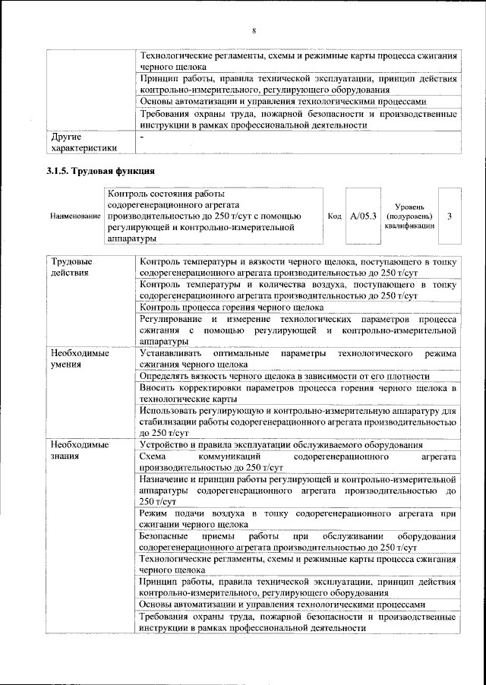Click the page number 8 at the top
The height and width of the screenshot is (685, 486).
pyautogui.click(x=254, y=30)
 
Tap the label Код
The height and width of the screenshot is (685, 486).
pyautogui.click(x=333, y=216)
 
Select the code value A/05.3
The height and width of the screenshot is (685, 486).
pyautogui.click(x=364, y=216)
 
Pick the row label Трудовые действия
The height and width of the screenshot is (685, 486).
pyautogui.click(x=71, y=267)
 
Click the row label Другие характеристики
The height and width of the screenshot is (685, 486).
pyautogui.click(x=84, y=142)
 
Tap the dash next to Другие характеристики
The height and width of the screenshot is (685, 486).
pyautogui.click(x=142, y=137)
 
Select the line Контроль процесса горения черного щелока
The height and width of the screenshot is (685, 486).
pyautogui.click(x=232, y=308)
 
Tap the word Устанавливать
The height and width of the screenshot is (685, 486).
pyautogui.click(x=175, y=354)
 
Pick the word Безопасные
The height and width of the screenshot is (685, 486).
pyautogui.click(x=169, y=536)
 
